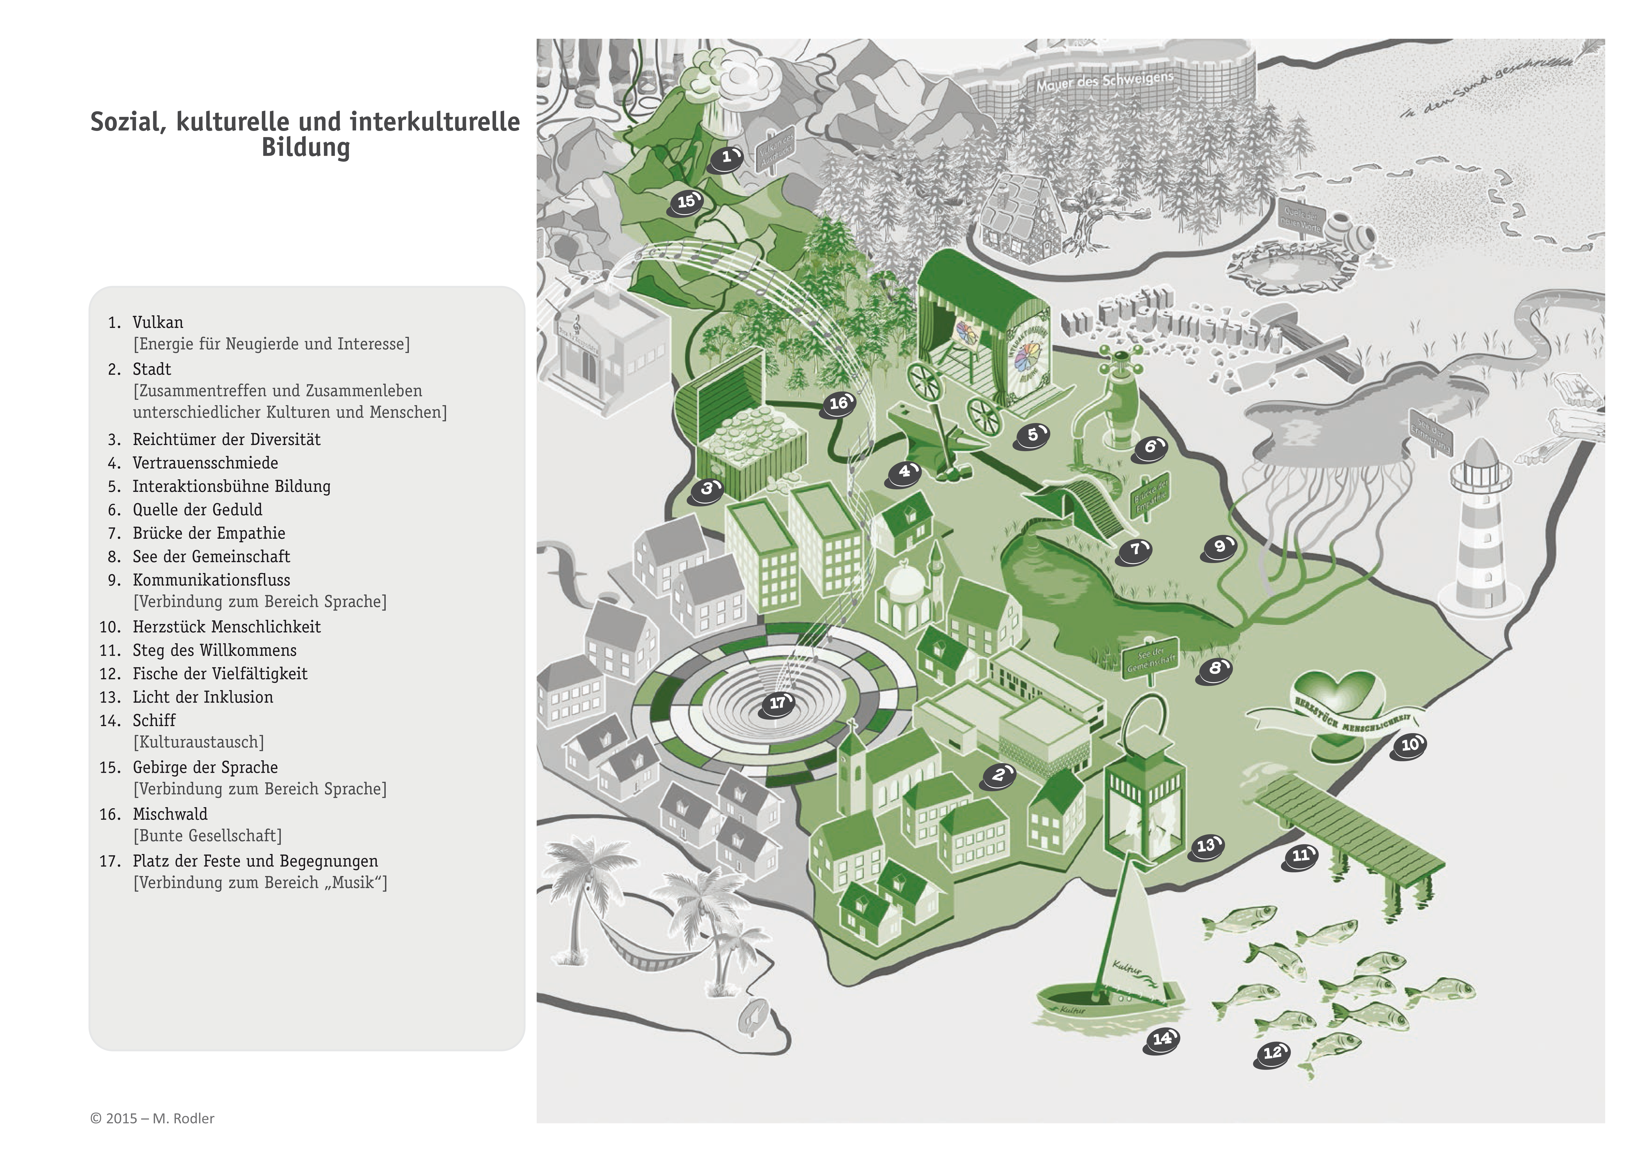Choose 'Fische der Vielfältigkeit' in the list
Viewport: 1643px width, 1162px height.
pos(220,674)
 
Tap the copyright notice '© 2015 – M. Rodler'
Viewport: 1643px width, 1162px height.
pos(152,1118)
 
